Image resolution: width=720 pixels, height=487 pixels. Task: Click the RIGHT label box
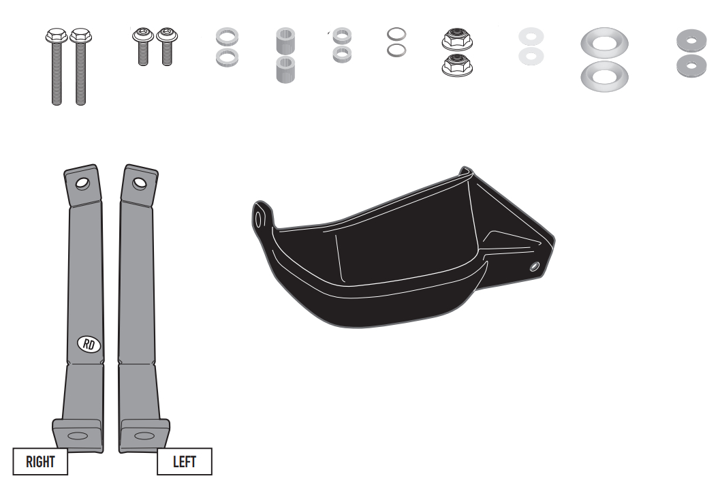tap(41, 461)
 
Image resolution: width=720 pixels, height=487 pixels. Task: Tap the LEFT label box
tap(184, 461)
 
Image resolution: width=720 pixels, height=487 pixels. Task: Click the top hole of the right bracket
tap(82, 183)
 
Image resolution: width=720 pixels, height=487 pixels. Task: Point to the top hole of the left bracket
tap(139, 183)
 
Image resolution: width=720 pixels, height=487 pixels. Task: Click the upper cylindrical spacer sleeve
tap(285, 42)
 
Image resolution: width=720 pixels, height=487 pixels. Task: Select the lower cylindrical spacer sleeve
tap(285, 69)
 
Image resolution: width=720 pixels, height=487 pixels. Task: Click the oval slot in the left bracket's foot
tap(144, 435)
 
